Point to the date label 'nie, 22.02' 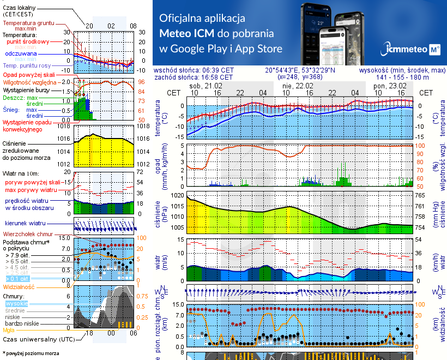[297, 86]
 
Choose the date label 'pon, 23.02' [390, 86]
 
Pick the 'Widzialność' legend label [19, 286]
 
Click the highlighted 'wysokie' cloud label [16, 303]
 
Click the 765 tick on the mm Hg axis [420, 195]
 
